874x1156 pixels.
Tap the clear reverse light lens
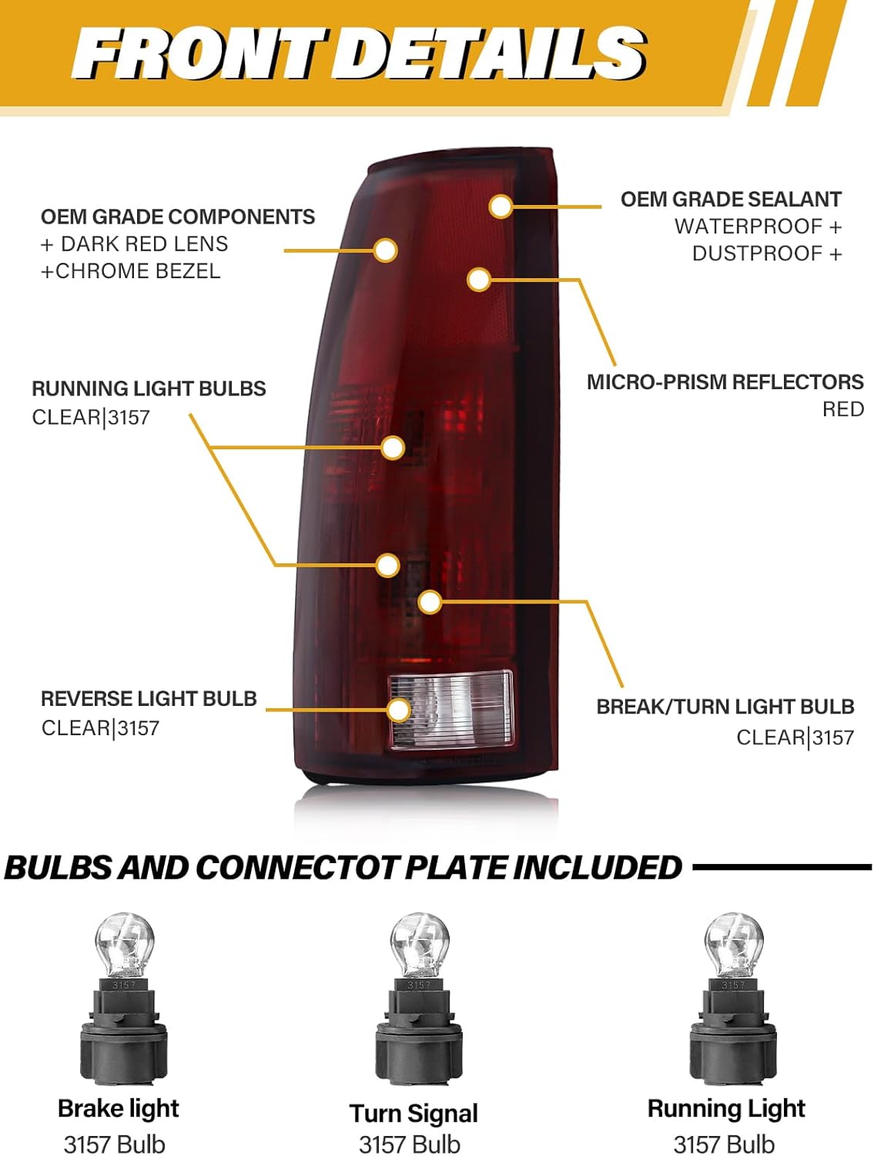450,709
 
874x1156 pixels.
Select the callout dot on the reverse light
399,710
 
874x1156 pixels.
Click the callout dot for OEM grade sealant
501,207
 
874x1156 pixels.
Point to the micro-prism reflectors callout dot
479,279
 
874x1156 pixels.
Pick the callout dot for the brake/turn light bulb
430,602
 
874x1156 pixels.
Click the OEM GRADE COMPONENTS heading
178,217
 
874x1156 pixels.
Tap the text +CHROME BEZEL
130,271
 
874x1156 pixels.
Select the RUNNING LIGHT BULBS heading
149,388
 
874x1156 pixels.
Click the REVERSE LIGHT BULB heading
149,699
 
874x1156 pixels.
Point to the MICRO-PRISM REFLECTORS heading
725,382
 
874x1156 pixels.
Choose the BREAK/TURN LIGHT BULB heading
725,707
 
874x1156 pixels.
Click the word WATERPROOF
748,227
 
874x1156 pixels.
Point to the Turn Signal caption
414,1114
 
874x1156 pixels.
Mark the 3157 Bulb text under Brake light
115,1144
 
